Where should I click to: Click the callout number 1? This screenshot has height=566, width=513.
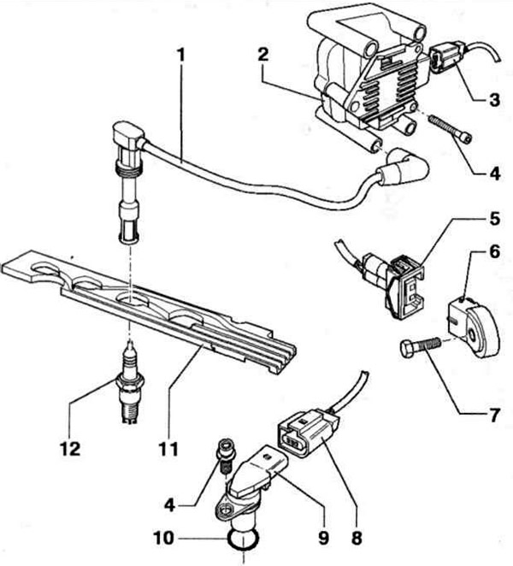pos(180,56)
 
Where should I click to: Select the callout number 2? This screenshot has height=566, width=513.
pos(262,56)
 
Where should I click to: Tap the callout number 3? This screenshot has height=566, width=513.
pos(494,99)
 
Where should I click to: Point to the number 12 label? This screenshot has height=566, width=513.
pos(71,449)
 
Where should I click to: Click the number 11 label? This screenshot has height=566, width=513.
pos(169,449)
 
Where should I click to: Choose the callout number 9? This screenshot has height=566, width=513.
pos(323,539)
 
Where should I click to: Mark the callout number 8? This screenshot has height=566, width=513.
pos(357,539)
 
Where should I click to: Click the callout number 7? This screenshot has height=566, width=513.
pos(493,416)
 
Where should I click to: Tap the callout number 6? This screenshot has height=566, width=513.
pos(494,251)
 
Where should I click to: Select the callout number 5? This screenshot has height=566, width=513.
pos(494,218)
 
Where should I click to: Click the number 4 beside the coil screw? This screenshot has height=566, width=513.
pos(494,174)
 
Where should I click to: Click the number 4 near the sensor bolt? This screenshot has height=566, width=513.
pos(169,504)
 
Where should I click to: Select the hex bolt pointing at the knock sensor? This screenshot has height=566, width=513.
pos(420,346)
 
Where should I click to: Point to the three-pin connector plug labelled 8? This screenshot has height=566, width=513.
pos(308,434)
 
